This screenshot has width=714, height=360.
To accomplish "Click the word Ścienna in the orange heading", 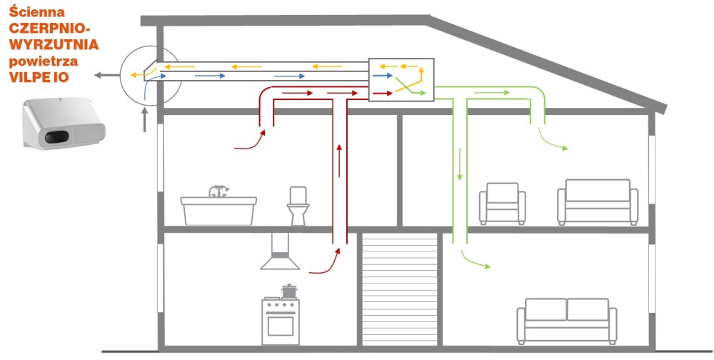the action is (x=37, y=12).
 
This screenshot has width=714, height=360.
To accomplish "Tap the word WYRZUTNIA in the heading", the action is (x=54, y=45).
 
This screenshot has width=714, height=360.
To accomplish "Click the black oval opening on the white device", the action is (x=57, y=136).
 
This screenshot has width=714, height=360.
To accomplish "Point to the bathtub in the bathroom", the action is (x=218, y=211).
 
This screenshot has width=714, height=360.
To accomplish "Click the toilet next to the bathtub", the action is (x=298, y=206).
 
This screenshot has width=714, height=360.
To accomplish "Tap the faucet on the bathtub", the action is (x=219, y=191).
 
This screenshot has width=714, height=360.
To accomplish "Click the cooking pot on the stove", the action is (x=288, y=291).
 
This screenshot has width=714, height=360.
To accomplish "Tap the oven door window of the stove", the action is (x=281, y=326).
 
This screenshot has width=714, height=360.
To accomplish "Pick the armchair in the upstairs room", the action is (x=502, y=204).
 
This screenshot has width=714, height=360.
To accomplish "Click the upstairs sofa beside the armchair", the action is (x=598, y=202).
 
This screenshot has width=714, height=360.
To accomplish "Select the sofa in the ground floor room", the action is (x=567, y=321).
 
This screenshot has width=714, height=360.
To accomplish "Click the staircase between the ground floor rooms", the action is (x=400, y=289).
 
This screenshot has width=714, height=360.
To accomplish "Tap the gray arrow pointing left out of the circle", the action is (x=106, y=75).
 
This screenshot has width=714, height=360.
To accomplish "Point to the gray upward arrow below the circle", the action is (x=145, y=120).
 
